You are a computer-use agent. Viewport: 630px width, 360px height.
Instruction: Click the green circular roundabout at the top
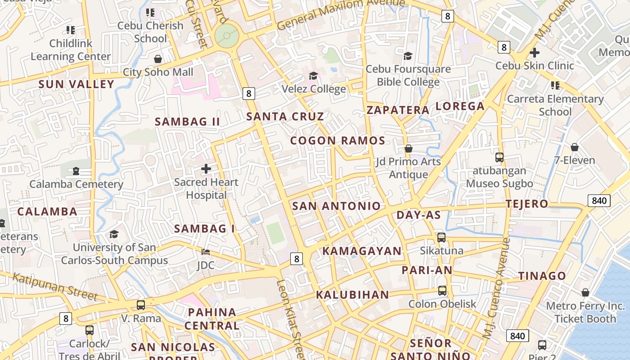click(x=226, y=35)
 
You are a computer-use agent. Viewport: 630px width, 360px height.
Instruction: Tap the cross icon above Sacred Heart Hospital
click(x=206, y=169)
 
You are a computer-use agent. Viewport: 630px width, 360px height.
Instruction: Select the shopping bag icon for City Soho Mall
click(x=158, y=59)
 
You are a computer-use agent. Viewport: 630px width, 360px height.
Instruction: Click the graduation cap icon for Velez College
click(x=313, y=76)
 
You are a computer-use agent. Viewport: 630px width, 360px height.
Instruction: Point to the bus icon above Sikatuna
click(x=441, y=237)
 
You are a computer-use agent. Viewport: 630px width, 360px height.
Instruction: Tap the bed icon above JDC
click(x=206, y=252)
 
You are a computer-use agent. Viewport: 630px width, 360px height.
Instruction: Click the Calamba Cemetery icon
click(x=76, y=171)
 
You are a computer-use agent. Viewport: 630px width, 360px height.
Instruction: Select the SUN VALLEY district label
click(x=76, y=84)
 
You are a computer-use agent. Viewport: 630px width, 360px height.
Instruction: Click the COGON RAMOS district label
click(x=337, y=140)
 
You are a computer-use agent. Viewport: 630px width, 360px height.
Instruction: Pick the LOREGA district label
click(x=460, y=106)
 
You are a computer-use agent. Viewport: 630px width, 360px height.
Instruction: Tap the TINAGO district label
click(x=542, y=276)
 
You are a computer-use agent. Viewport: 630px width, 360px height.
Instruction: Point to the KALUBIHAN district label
click(x=352, y=295)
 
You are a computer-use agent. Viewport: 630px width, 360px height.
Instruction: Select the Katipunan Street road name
click(x=55, y=286)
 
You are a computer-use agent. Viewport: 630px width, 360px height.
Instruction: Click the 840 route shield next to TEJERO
click(x=599, y=200)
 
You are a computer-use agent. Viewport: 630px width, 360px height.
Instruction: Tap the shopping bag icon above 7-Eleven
click(x=575, y=147)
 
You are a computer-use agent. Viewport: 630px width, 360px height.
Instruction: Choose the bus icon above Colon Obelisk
click(x=442, y=291)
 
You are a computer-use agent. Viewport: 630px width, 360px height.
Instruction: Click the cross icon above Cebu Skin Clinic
click(x=535, y=53)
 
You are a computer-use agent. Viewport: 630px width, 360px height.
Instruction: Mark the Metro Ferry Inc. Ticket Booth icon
click(x=585, y=293)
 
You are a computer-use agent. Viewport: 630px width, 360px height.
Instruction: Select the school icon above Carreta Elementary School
click(x=555, y=85)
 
